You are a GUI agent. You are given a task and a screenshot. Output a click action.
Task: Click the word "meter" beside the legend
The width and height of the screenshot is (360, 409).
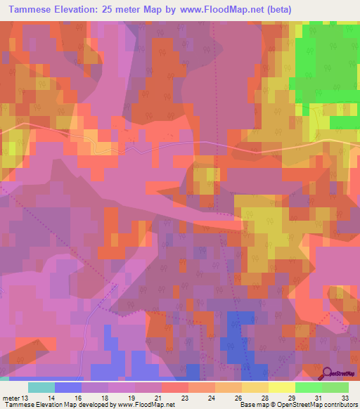coord(11,397)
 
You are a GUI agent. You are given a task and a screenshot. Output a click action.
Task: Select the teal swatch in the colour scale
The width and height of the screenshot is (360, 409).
coord(41,387)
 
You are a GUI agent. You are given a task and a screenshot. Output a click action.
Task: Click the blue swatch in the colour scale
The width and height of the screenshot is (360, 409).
coord(68,387)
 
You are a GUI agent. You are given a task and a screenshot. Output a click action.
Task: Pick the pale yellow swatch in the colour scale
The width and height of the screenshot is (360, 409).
coord(281,387)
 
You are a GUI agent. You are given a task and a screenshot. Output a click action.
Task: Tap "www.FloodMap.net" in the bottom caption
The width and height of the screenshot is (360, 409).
coord(146,405)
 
